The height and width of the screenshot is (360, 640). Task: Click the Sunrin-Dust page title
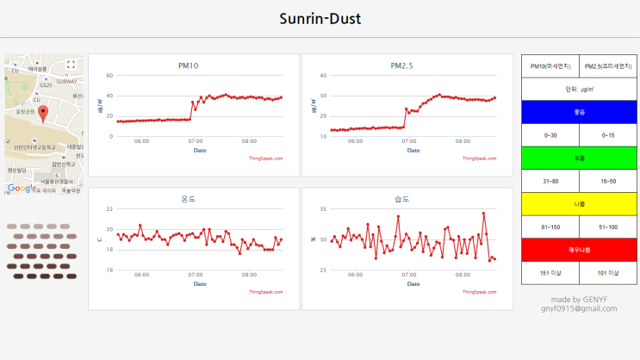click(x=320, y=19)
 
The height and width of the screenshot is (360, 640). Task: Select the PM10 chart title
click(x=188, y=65)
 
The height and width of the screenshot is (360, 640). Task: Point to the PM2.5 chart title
click(x=401, y=65)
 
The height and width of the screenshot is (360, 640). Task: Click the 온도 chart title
click(x=188, y=199)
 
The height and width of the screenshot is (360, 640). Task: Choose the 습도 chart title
click(x=401, y=199)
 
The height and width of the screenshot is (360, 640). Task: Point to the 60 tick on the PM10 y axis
click(x=109, y=75)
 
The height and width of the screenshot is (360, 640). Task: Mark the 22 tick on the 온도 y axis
click(x=109, y=208)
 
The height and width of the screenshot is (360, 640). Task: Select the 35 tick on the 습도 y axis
click(x=323, y=208)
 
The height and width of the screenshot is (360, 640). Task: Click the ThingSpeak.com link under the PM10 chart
click(x=265, y=158)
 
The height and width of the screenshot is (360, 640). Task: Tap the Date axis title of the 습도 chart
click(x=413, y=283)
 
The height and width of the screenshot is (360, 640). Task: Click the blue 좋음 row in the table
click(x=579, y=112)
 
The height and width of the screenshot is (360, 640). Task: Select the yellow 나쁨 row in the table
click(x=579, y=204)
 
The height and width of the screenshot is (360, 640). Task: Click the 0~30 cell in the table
click(x=550, y=135)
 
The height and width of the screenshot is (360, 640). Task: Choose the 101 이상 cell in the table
click(x=608, y=273)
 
